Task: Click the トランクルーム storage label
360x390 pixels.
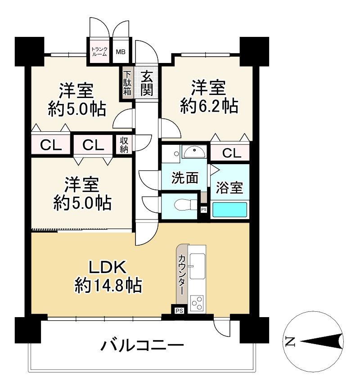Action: point(99,51)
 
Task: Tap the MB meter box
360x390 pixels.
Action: point(121,52)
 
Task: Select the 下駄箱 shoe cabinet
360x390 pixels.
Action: point(127,83)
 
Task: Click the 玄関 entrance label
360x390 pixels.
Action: point(147,83)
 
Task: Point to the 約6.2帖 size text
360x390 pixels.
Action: point(209,106)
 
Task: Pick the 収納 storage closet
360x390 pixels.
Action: point(124,145)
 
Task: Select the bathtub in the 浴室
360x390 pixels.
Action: point(229,210)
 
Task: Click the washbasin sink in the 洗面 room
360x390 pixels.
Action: point(194,152)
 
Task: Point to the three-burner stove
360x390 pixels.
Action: point(197,302)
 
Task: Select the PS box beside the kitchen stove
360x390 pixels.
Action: point(179,311)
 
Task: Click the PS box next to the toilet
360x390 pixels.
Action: point(203,210)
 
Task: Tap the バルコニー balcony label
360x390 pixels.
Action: point(142,345)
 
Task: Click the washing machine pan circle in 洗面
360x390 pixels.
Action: point(176,154)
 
